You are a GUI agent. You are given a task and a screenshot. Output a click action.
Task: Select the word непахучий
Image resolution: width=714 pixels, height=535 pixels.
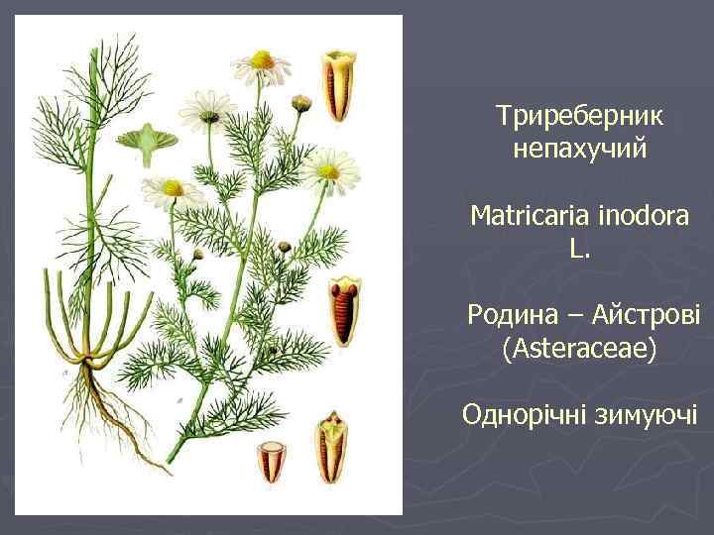[580, 150]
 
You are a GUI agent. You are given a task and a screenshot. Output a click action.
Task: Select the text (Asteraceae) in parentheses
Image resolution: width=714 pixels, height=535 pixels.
[580, 348]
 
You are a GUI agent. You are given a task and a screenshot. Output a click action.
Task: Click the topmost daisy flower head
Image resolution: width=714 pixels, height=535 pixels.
[261, 62]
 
